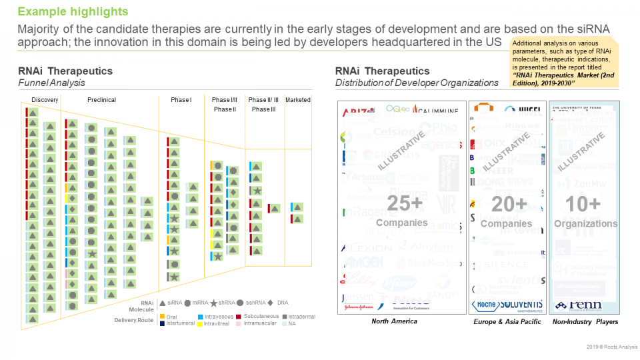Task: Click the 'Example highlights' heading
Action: click(73, 12)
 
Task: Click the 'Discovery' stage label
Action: click(45, 100)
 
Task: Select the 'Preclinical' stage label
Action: click(101, 100)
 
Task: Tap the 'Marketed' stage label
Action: click(298, 100)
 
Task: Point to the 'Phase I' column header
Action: click(181, 100)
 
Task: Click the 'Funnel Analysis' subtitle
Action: click(51, 83)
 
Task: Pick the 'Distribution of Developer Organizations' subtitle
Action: click(417, 83)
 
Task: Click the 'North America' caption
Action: click(394, 322)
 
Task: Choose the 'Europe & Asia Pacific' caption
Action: click(507, 322)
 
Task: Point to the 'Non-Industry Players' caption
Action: click(585, 322)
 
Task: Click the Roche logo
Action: click(485, 305)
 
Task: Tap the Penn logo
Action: click(578, 305)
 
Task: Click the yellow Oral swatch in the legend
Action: click(162, 316)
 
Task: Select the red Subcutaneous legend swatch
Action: click(239, 316)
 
